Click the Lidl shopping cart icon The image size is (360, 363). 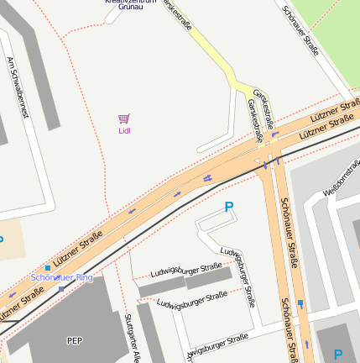pyautogui.click(x=124, y=118)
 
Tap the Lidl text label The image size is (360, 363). pyautogui.click(x=124, y=130)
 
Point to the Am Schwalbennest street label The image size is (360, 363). pyautogui.click(x=18, y=87)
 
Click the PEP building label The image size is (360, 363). pyautogui.click(x=74, y=340)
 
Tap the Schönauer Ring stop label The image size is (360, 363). pyautogui.click(x=61, y=276)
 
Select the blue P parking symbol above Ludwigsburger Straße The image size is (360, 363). pyautogui.click(x=228, y=206)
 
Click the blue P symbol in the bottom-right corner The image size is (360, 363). pyautogui.click(x=338, y=355)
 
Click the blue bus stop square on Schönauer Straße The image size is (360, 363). pyautogui.click(x=300, y=302)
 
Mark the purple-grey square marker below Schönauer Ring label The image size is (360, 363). pyautogui.click(x=61, y=288)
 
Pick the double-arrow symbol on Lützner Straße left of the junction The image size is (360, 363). pyautogui.click(x=206, y=178)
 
